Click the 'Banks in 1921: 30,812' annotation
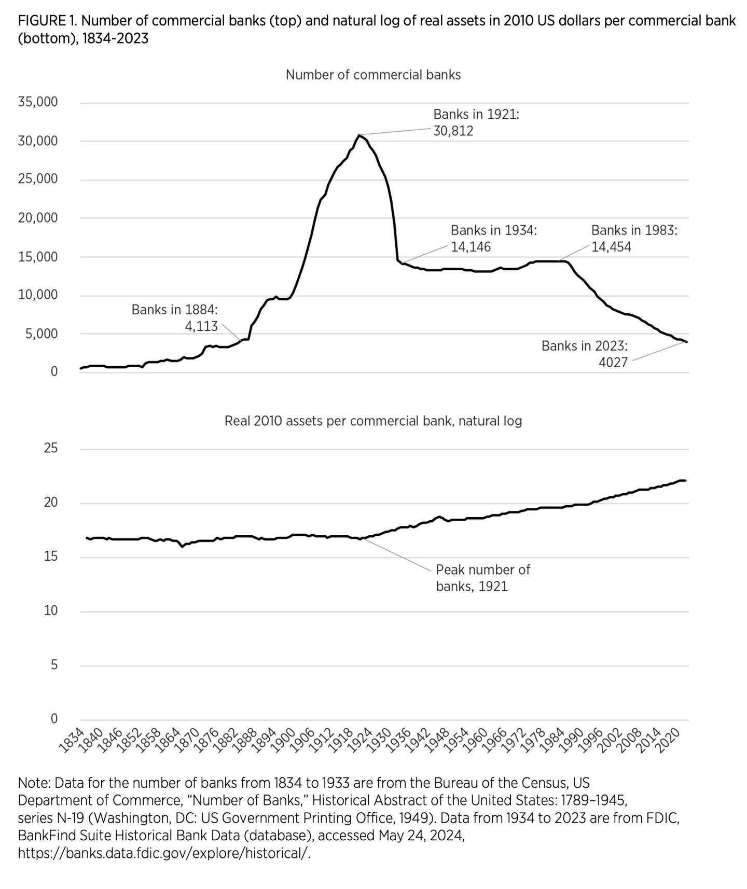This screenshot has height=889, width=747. pos(476,122)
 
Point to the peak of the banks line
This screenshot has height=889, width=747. pos(359,135)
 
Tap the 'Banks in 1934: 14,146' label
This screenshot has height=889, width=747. pos(493,238)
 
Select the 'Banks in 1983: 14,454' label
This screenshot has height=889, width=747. pos(634,238)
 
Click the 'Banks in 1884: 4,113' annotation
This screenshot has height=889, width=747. pos(175,317)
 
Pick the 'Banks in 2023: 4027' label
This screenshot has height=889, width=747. pos(585,354)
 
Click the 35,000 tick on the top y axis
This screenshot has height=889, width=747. pos(38,102)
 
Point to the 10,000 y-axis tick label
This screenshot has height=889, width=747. pos(38,295)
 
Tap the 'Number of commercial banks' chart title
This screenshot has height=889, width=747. pos(373,75)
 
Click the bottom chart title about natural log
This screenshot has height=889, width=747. pos(373,421)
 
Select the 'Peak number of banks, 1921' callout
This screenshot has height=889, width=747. pos(482,578)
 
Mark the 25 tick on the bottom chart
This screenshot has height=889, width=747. pos(51,448)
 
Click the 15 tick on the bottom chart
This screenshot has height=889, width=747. pos(51,557)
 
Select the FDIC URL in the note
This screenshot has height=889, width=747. pos(164,853)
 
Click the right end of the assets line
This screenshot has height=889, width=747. pos(685,480)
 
